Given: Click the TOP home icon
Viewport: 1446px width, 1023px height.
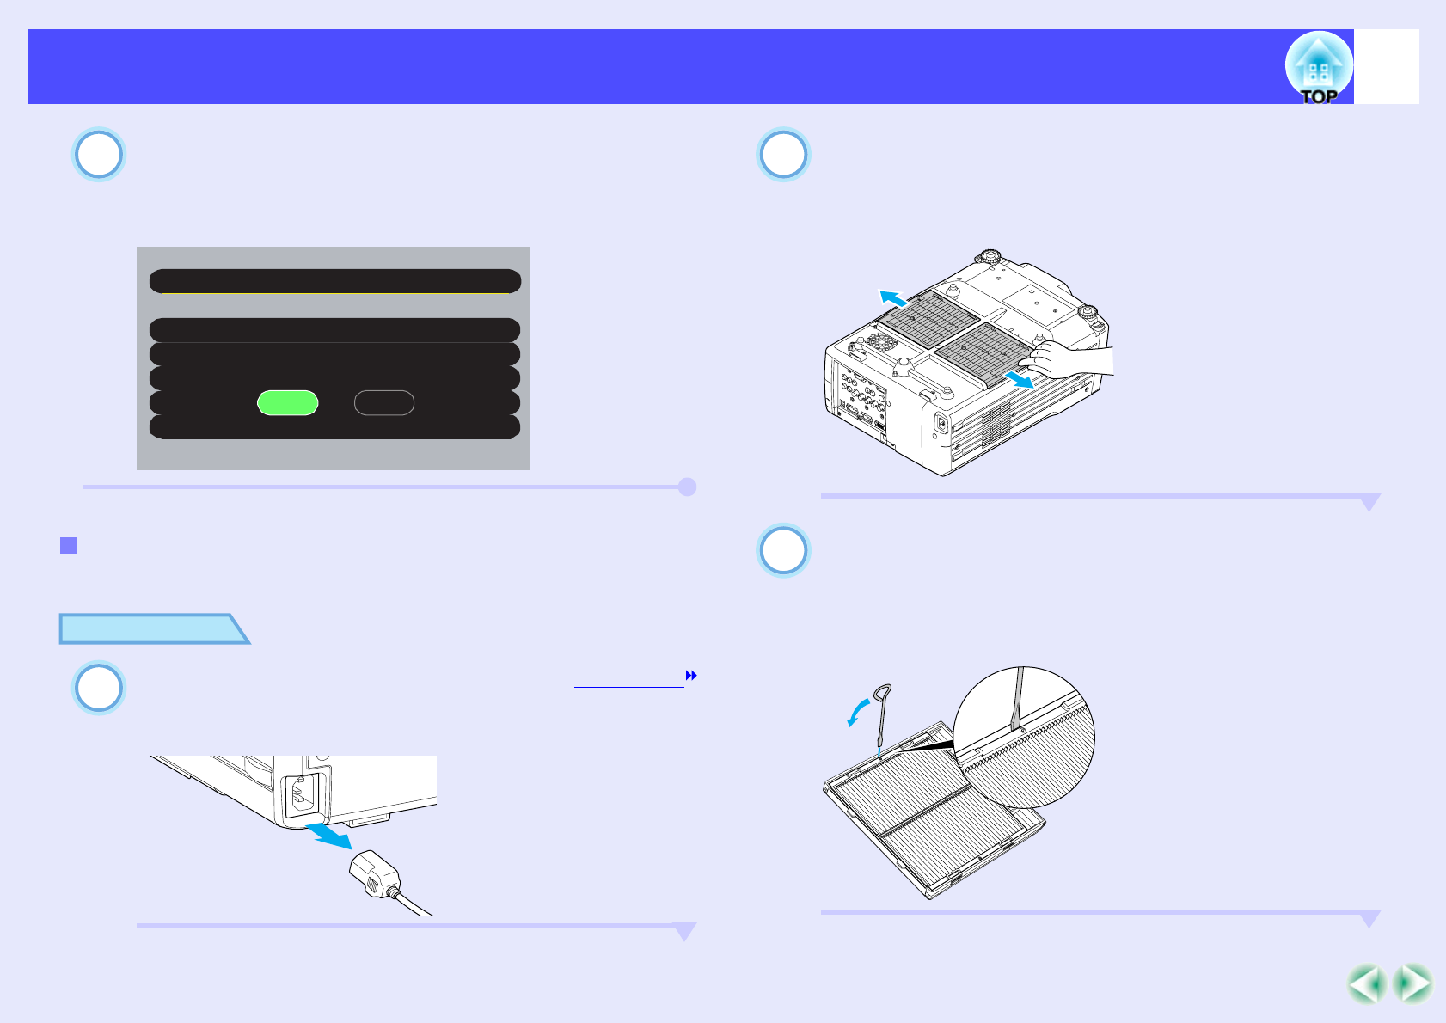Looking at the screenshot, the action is [x=1318, y=68].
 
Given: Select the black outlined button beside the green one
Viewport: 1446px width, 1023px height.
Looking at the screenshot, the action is [x=384, y=402].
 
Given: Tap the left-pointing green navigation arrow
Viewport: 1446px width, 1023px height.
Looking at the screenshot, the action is [x=1366, y=984].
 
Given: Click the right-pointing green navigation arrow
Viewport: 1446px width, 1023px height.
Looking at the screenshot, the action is [x=1412, y=984].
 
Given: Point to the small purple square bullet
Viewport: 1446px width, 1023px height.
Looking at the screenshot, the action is [x=69, y=545].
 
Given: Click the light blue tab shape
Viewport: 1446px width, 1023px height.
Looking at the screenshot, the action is [x=151, y=629].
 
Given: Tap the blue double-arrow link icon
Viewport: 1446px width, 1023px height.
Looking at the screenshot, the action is [x=690, y=677].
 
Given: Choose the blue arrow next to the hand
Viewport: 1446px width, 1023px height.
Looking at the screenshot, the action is [x=1020, y=379].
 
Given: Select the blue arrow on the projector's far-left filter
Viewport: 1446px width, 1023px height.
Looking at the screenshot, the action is [x=893, y=298].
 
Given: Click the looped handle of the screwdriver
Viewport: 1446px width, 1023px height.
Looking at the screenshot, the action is [x=883, y=694].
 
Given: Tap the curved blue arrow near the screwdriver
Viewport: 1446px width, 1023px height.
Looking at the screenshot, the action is [x=857, y=713].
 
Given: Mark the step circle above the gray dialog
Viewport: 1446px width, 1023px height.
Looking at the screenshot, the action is [x=99, y=155].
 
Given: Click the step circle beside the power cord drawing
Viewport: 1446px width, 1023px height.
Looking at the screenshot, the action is [x=99, y=688].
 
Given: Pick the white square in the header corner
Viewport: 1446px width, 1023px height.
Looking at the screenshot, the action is [x=1387, y=67].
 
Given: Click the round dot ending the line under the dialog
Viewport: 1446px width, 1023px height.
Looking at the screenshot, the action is [x=687, y=487].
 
